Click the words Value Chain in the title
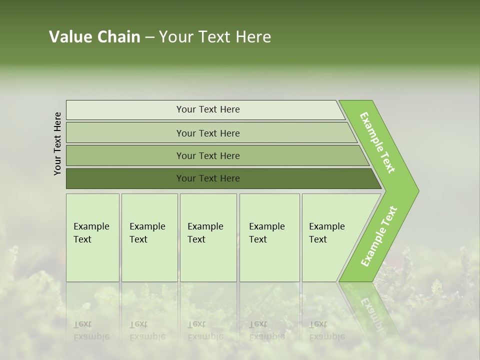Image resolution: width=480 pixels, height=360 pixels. tap(94, 37)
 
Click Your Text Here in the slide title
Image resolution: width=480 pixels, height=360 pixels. tap(215, 37)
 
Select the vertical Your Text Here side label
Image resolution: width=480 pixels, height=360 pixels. tap(57, 143)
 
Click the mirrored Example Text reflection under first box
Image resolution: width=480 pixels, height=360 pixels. tap(91, 330)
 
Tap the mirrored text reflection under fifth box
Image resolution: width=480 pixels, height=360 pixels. tap(326, 330)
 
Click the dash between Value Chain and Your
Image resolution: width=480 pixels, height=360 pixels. tap(149, 37)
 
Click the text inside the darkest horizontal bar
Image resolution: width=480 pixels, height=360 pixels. tap(208, 178)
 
